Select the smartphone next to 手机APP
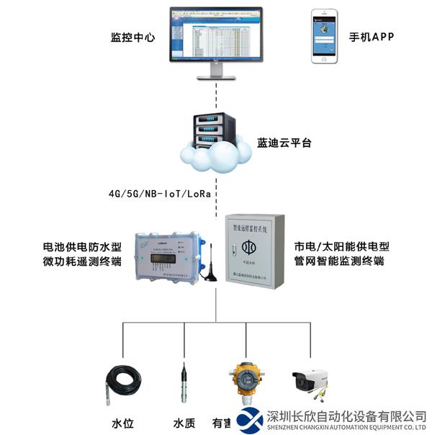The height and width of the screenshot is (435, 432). pyautogui.click(x=323, y=36)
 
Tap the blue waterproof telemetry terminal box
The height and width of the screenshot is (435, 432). pyautogui.click(x=168, y=256)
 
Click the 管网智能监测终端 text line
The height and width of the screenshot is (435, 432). pyautogui.click(x=339, y=262)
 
